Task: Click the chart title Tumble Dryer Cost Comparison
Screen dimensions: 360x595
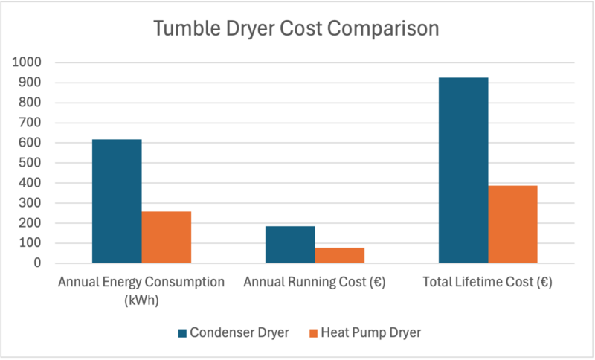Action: (296, 30)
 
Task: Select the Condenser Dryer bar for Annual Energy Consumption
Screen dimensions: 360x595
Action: (117, 201)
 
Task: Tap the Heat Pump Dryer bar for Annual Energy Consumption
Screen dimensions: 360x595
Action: (167, 237)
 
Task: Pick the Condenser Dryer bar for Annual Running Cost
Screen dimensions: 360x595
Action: (290, 245)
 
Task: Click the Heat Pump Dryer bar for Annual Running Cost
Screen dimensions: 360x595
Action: (340, 255)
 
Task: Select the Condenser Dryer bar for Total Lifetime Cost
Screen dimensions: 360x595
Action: (463, 170)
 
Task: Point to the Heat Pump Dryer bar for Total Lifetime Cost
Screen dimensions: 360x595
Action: (512, 224)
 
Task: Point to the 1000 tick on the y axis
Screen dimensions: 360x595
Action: (28, 62)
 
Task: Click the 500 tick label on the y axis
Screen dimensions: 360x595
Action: (31, 163)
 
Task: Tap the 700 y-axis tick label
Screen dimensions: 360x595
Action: (31, 123)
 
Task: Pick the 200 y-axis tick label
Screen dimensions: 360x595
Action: (31, 223)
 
